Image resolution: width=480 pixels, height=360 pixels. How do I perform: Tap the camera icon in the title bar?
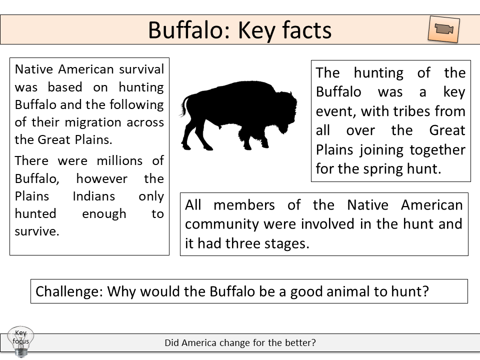tap(444, 29)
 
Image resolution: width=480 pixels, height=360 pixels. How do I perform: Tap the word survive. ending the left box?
tap(37, 231)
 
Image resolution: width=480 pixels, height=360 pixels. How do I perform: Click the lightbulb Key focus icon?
tap(20, 340)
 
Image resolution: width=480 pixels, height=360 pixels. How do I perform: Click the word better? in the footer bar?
tap(301, 343)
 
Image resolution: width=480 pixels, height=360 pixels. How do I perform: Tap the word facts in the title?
tap(304, 30)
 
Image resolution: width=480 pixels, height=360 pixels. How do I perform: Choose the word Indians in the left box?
tap(93, 196)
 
